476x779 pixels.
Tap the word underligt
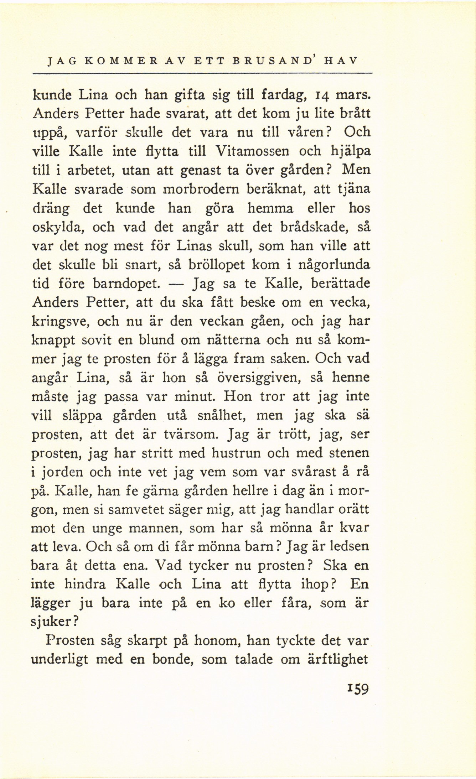pyautogui.click(x=59, y=660)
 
